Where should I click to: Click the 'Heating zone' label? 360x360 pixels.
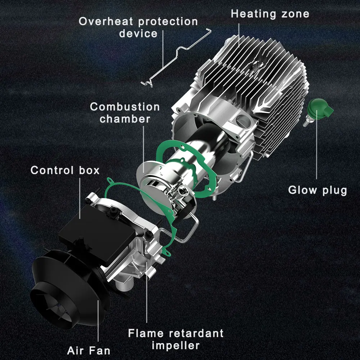270,14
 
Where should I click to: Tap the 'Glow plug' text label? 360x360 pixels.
318,190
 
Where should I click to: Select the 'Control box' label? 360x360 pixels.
65,170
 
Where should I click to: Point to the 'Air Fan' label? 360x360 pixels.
89,350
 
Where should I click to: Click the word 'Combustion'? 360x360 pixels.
125,107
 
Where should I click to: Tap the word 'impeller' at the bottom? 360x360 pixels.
176,346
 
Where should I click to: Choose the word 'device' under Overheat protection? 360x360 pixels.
139,33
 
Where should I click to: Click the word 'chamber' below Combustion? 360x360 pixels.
125,119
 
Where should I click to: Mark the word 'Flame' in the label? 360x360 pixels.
145,333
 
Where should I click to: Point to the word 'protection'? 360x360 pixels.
168,21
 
